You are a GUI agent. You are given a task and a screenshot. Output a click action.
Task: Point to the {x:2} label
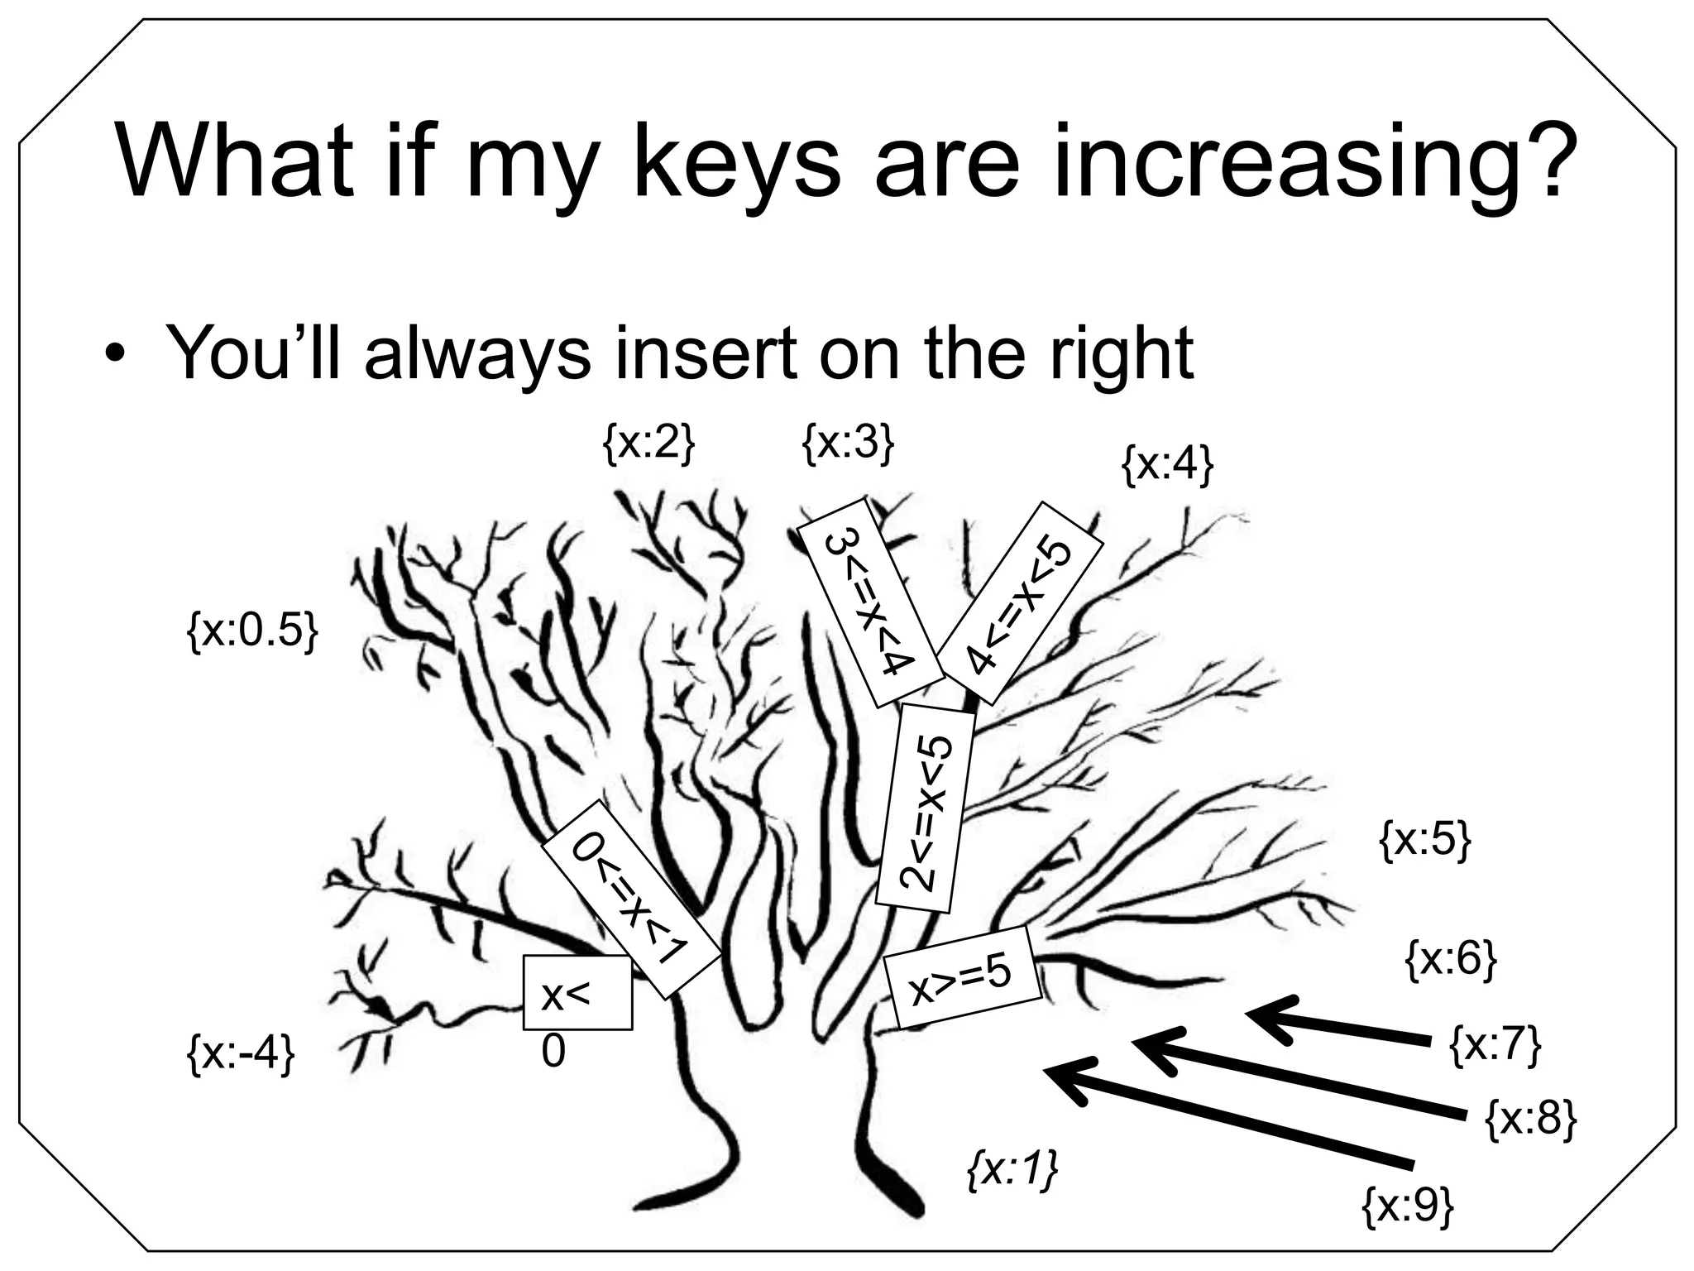point(648,444)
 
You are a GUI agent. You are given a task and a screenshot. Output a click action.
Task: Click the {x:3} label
point(848,444)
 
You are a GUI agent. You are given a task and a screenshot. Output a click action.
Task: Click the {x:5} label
point(1425,841)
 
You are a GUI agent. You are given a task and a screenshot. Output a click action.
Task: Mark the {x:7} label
point(1495,1046)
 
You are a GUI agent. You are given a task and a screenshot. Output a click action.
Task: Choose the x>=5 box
point(962,977)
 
